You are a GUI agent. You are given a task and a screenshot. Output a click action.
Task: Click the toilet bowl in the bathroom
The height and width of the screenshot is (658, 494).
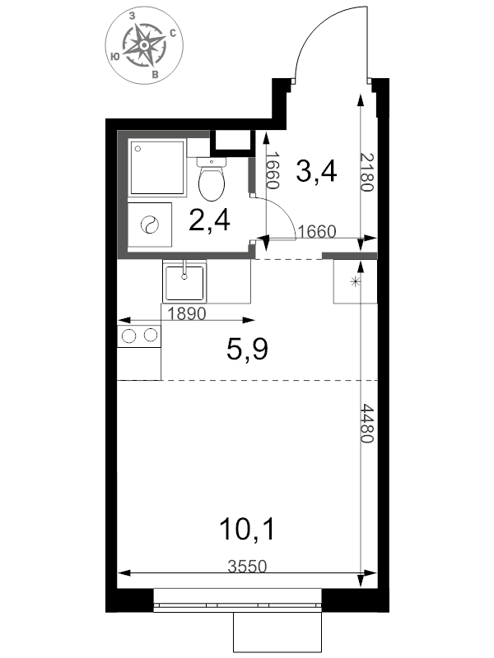click(212, 183)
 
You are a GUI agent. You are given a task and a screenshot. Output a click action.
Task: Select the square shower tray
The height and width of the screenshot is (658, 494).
click(158, 168)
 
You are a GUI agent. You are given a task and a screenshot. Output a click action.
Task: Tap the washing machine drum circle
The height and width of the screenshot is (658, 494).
click(150, 225)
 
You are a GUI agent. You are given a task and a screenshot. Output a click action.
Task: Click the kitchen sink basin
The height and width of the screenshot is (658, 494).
click(184, 283)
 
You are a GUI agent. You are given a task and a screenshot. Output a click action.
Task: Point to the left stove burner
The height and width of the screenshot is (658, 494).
click(128, 336)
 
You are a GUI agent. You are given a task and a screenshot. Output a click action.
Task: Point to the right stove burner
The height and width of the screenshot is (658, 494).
click(151, 335)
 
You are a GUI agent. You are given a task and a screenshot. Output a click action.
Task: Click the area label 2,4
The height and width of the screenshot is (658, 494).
click(209, 220)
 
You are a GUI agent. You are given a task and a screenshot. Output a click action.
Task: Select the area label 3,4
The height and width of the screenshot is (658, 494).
click(316, 171)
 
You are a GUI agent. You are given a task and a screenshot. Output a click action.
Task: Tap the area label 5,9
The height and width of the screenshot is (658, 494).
click(247, 350)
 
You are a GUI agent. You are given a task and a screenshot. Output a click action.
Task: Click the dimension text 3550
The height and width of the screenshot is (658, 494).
click(247, 567)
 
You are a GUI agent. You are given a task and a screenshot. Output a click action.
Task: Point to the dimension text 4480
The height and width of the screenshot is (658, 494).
click(367, 424)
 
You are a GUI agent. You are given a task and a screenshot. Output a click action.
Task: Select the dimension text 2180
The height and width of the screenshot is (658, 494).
click(367, 172)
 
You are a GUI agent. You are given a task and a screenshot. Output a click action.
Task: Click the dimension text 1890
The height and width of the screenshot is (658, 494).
click(187, 313)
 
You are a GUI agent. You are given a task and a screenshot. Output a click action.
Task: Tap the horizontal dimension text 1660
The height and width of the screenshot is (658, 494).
click(317, 231)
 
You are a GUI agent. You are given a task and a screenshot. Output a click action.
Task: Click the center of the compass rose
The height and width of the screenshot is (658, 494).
click(143, 44)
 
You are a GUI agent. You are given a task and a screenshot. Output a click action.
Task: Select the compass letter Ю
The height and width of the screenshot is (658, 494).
click(114, 56)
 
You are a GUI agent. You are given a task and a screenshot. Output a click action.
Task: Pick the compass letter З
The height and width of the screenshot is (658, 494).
click(132, 16)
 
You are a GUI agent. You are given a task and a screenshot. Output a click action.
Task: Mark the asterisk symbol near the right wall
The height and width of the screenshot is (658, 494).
click(355, 282)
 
